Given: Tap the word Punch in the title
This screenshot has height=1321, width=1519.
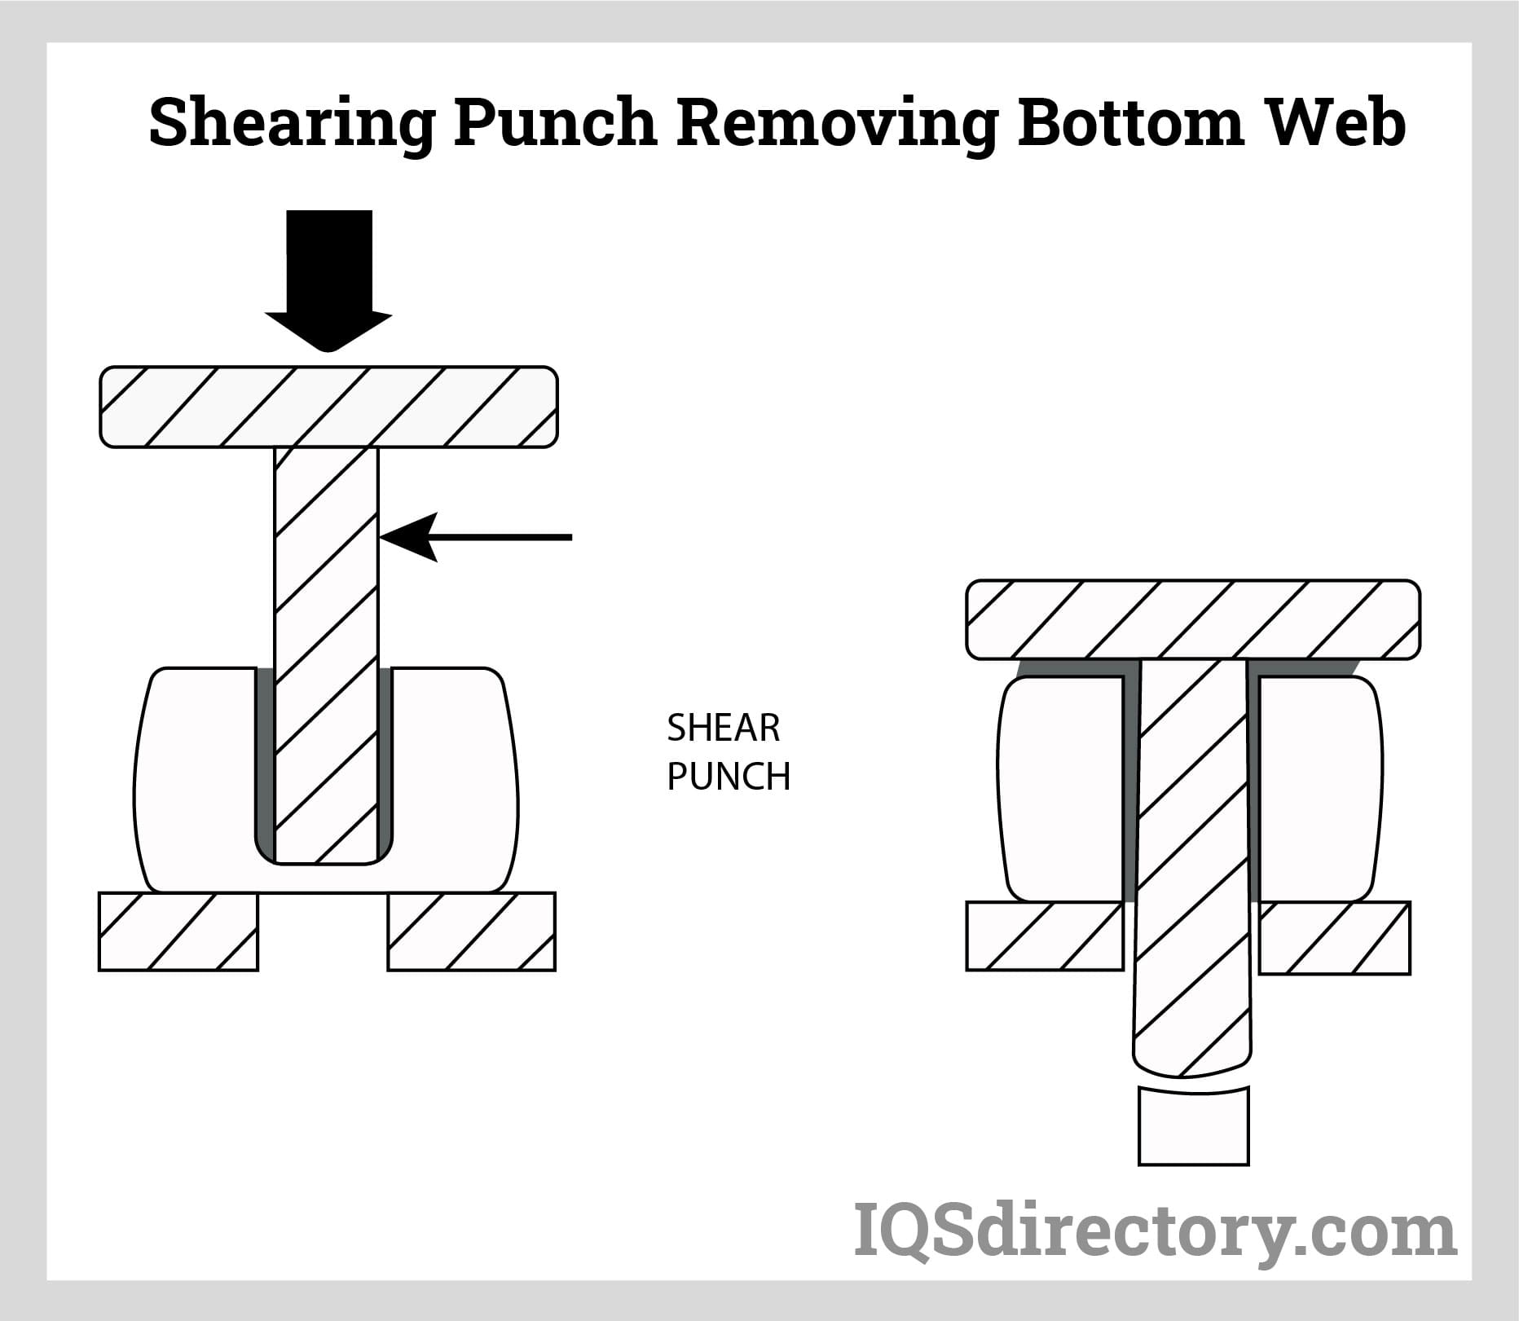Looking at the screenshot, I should point(555,122).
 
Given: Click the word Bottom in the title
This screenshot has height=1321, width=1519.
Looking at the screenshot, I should point(1131,122).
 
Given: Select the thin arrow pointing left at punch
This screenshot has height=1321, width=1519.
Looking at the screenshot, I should point(477,537).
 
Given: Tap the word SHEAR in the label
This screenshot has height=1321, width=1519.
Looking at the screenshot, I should point(723,728).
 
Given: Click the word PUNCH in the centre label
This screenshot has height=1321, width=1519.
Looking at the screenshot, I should point(729,777).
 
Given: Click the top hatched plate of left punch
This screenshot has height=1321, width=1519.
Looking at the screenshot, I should point(328,407).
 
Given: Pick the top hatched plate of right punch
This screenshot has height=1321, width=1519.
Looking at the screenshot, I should point(1193,619).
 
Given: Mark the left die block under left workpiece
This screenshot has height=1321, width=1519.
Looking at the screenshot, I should point(178,931).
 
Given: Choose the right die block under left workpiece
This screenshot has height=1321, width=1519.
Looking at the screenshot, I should point(471,931).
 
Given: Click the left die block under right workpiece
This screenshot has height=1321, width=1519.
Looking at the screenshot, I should point(1045,936).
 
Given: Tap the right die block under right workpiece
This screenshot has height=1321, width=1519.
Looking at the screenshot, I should point(1335,937).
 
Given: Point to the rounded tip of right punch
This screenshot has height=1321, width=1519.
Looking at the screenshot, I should point(1191,1059).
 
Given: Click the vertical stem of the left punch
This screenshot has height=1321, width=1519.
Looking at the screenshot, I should point(327,611).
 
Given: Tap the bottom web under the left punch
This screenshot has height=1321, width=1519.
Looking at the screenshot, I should point(326,878).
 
